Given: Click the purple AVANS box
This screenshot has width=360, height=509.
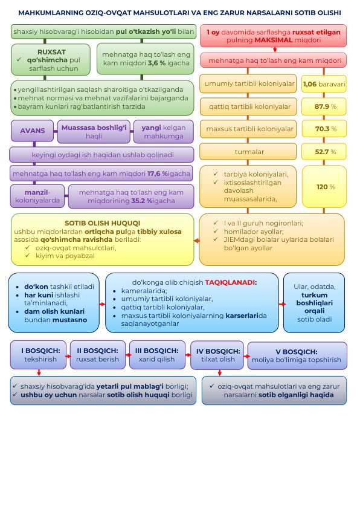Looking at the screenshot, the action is coord(33,131).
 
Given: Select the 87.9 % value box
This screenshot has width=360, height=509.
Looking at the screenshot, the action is coord(324,106).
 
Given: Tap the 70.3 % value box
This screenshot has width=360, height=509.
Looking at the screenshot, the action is coord(324,129).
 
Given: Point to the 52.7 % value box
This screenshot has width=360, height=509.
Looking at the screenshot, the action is coord(324,152).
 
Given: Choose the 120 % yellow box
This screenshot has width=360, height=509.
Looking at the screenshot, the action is coord(324,187).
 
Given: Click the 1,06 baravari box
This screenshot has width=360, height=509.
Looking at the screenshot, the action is coord(324,84).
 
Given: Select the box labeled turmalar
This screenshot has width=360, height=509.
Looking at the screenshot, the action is coord(248,152).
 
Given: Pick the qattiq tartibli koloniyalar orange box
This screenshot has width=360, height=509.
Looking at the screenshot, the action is coord(248,106).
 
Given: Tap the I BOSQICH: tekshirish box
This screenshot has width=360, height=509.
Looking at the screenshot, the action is coord(38,355).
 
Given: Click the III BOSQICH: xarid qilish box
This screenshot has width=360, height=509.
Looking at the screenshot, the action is coord(157,355).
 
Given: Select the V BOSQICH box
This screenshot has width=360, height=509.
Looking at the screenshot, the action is coord(297,356).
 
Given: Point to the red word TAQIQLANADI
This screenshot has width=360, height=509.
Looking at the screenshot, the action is coord(231,282).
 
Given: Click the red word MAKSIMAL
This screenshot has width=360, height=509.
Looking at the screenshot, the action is coord(274,41).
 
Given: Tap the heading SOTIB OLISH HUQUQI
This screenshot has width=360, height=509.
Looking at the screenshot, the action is coord(103,223).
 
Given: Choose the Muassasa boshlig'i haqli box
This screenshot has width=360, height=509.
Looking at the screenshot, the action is coord(94,131).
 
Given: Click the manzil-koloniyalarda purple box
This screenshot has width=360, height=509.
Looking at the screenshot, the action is coord(37,196).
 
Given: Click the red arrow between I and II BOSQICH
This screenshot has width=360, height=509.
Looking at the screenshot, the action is coord(68,356).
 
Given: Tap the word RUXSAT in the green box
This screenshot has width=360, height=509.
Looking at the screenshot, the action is coord(51,52).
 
